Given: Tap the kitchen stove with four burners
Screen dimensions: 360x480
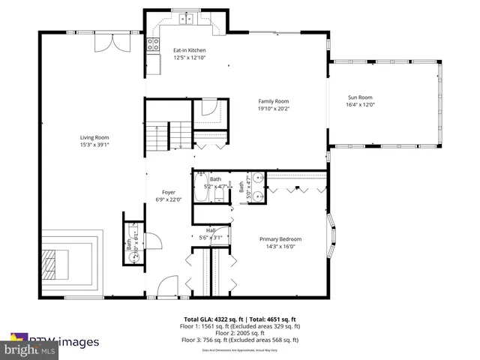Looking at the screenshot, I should coord(153,44).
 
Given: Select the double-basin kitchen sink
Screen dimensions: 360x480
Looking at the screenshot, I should coord(185,19).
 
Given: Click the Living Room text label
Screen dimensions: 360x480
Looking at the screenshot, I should coord(95,137).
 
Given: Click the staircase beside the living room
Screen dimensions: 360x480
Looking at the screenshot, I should coord(157,136).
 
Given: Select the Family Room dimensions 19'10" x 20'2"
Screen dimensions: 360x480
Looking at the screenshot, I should coord(273,109).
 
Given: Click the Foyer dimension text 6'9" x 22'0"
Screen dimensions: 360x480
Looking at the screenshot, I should coord(168,199).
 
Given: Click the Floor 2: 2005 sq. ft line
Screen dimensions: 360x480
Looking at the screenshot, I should coord(239,334).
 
